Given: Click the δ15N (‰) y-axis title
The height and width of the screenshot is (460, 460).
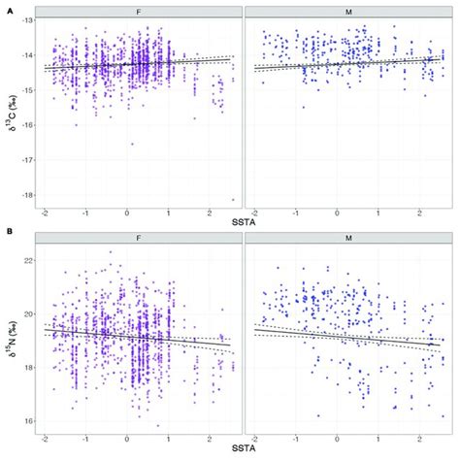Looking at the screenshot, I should pyautogui.click(x=10, y=335).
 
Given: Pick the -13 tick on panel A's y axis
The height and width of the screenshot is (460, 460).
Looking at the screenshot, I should pyautogui.click(x=24, y=20).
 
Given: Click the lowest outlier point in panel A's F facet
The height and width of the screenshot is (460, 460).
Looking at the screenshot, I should pyautogui.click(x=234, y=199).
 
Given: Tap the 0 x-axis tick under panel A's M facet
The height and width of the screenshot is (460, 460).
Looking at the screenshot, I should pyautogui.click(x=337, y=211).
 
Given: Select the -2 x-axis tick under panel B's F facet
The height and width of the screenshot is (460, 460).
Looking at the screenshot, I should pyautogui.click(x=45, y=438).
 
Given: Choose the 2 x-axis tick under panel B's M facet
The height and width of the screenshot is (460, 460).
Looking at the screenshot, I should pyautogui.click(x=418, y=438).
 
